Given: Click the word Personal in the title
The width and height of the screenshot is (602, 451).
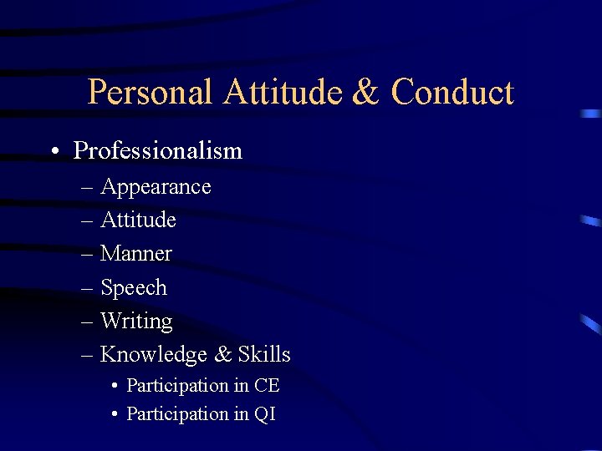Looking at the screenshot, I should click(x=150, y=92).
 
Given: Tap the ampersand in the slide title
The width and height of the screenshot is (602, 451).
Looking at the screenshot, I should click(x=365, y=91).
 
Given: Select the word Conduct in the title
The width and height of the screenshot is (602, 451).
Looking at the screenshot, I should click(x=452, y=91).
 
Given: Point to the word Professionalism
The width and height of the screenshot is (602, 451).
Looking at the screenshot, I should click(x=158, y=151).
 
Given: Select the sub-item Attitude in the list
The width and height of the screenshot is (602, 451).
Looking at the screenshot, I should click(x=138, y=220).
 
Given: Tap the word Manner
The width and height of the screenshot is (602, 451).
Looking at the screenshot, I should click(x=136, y=254).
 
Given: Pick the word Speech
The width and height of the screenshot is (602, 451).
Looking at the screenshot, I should click(x=134, y=288).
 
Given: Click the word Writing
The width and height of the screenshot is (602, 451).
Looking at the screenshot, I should click(x=136, y=322).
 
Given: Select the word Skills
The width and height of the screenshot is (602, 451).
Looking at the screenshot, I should click(x=264, y=354).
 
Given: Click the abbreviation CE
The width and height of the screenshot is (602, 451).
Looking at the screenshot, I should click(x=267, y=386).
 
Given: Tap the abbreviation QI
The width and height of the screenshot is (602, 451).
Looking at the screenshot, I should click(x=265, y=414).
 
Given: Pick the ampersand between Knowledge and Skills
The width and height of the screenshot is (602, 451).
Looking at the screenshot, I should click(x=223, y=355).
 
